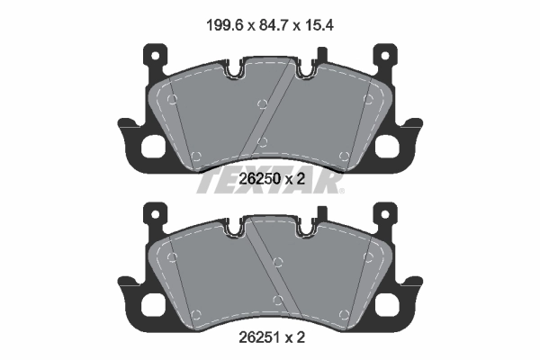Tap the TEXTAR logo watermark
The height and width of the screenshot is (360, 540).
tap(269, 181)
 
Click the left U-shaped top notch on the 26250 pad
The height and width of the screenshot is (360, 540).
tap(237, 69)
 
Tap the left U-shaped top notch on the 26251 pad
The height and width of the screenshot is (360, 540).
tap(237, 229)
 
